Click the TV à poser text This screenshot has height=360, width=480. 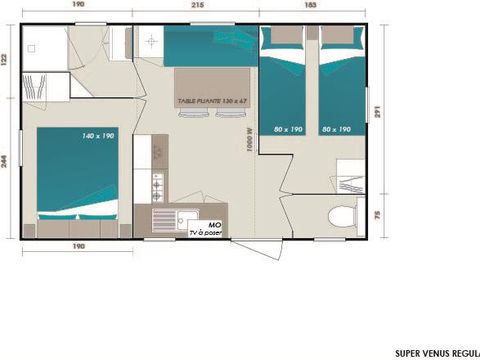click(206, 232)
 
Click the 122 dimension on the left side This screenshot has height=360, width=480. click(6, 61)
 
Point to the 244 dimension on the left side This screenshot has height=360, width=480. click(6, 163)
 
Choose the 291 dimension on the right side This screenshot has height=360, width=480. click(376, 113)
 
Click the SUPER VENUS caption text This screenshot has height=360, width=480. click(431, 352)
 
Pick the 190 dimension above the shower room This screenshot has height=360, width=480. click(78, 6)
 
